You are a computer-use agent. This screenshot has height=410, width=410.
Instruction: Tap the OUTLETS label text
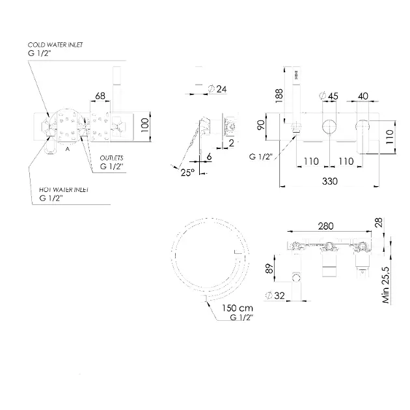[x=111, y=158]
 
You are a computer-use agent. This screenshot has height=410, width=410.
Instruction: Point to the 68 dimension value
[x=100, y=96]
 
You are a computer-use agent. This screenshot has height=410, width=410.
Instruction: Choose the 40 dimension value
[x=362, y=96]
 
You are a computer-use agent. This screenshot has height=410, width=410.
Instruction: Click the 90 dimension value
[x=261, y=125]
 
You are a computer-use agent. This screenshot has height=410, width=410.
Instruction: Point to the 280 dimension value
[x=326, y=226]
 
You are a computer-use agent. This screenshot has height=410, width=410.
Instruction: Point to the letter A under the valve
[x=67, y=148]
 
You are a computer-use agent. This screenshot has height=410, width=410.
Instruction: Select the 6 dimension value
[x=210, y=157]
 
